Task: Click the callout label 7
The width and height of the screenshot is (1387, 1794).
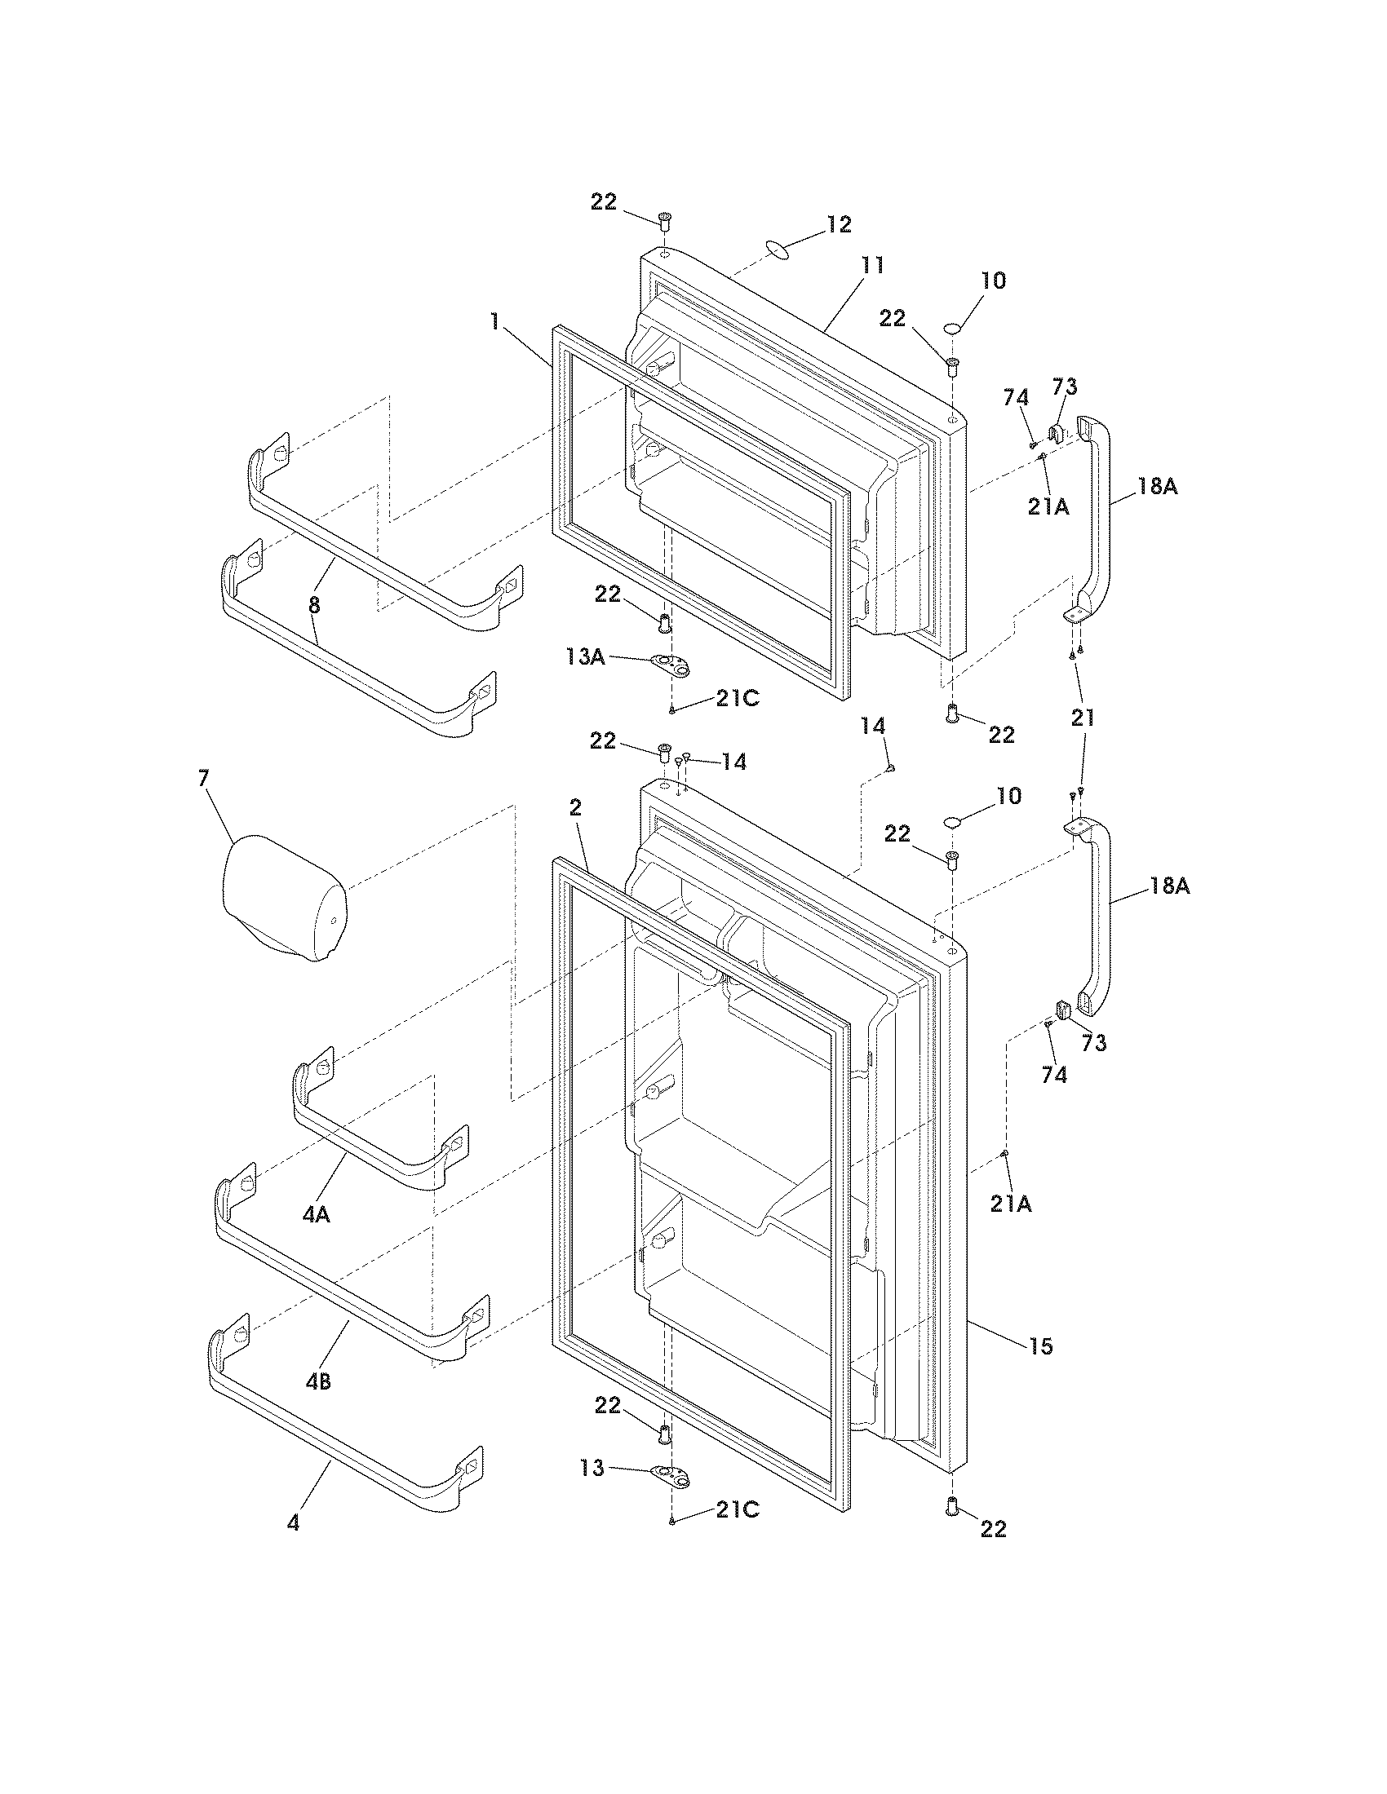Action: click(204, 779)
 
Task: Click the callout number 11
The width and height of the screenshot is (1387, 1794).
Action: click(872, 265)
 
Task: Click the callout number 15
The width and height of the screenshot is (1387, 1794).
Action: click(1040, 1346)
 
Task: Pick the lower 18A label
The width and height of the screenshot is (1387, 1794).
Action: click(1170, 887)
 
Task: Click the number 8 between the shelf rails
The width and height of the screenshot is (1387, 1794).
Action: click(314, 606)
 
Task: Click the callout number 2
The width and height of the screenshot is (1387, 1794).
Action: click(575, 807)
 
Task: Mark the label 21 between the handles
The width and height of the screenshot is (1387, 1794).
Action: click(1082, 718)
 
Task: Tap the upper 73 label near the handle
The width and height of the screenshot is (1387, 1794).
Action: click(1065, 387)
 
